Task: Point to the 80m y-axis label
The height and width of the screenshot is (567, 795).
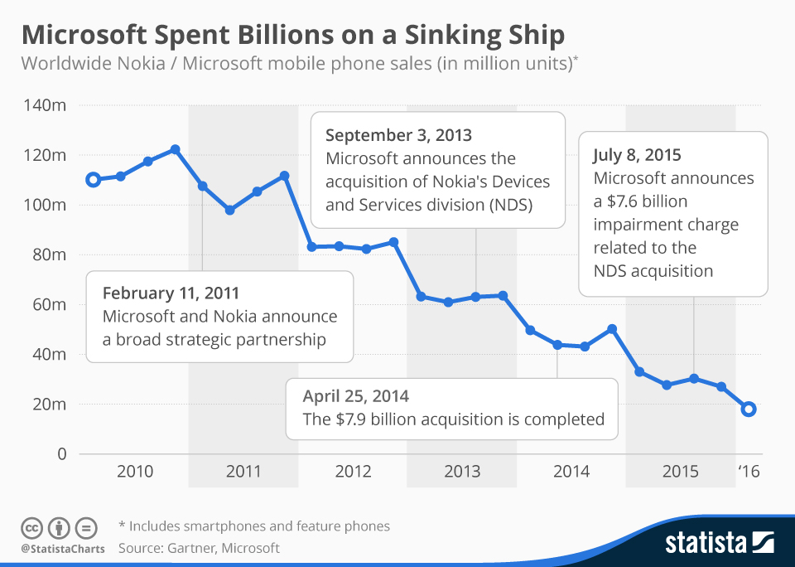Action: [48, 254]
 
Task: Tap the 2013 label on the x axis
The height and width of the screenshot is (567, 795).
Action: [462, 472]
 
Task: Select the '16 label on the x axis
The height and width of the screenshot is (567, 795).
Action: [748, 472]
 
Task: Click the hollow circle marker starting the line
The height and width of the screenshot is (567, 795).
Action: [94, 179]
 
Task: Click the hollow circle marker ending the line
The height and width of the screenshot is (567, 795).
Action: [749, 409]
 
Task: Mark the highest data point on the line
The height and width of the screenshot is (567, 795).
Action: [175, 150]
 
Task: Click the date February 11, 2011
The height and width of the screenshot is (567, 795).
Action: [171, 293]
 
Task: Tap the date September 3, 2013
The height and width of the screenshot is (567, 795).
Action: [398, 135]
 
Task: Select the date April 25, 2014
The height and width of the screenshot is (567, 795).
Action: [356, 395]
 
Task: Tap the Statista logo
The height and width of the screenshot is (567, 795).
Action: [720, 543]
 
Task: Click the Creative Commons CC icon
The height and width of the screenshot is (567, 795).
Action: [32, 527]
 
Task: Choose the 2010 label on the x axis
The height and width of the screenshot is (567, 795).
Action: [134, 472]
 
